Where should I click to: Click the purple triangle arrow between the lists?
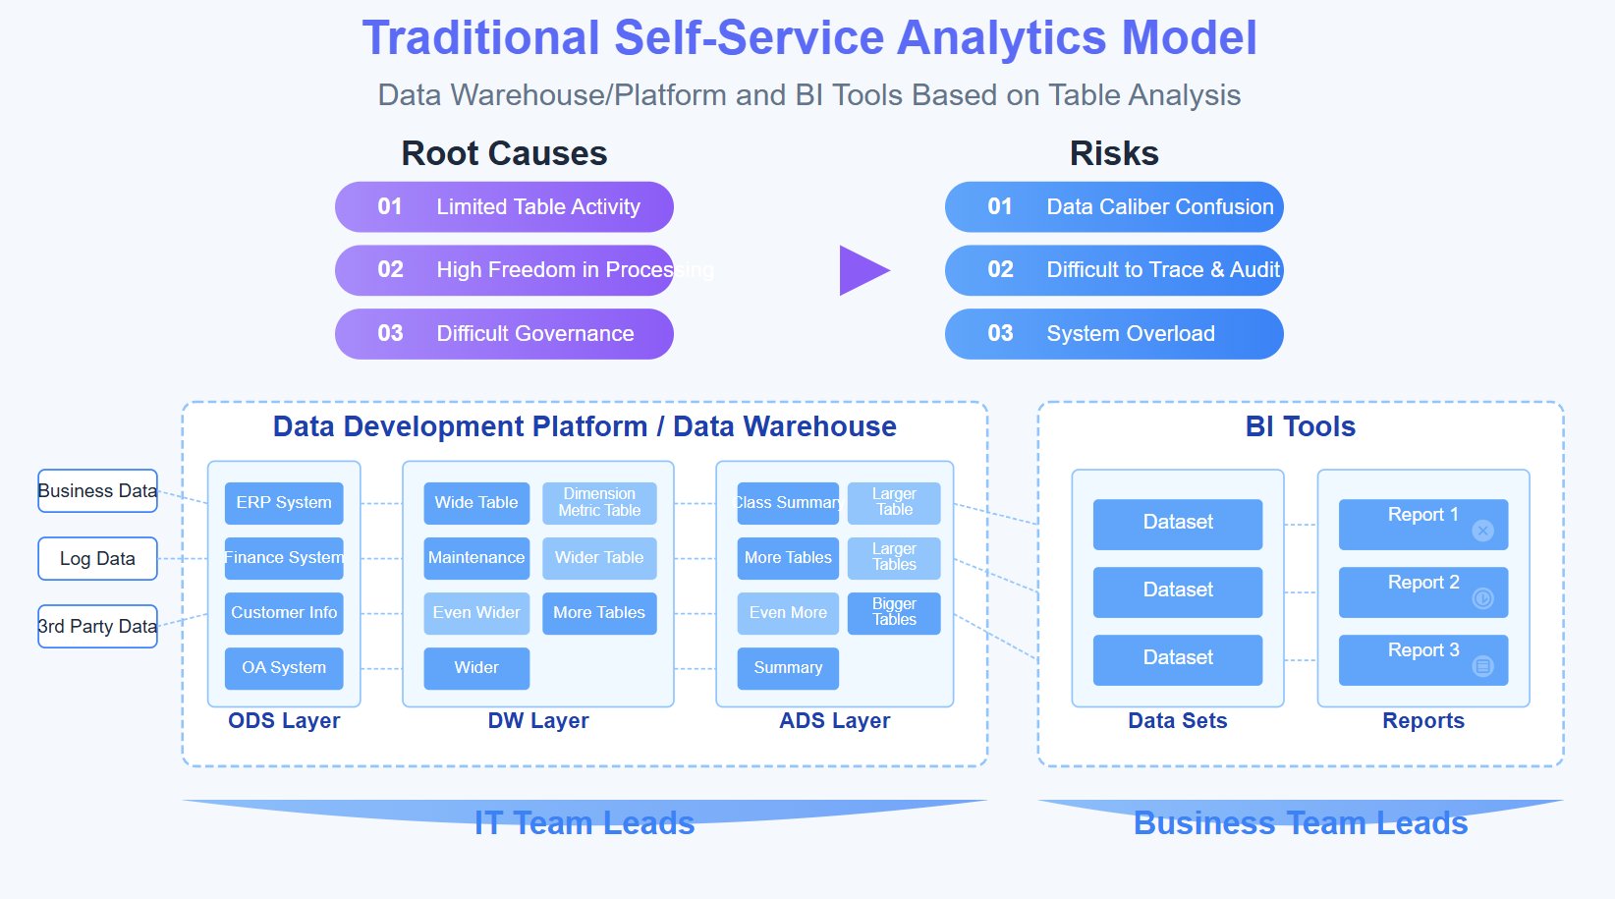coord(862,270)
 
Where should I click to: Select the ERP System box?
coord(284,503)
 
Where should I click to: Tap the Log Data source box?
coord(97,559)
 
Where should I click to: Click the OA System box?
coord(284,668)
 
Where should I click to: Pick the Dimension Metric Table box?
coord(599,503)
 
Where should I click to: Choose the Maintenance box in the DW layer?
coord(476,558)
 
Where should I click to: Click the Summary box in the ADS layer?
coord(788,668)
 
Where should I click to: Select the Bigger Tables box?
coord(894,612)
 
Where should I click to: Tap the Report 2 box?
coord(1422,591)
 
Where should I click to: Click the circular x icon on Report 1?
coord(1483,531)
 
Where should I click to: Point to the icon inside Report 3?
coord(1483,666)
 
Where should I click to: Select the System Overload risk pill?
coord(1114,334)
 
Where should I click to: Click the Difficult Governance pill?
coord(504,334)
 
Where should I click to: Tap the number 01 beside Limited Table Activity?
coord(390,207)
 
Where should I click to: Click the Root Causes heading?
coord(504,153)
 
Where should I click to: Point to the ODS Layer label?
coord(284,721)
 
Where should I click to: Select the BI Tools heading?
coord(1300,426)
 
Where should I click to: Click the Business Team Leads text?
coord(1300,823)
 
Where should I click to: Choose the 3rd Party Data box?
coord(97,627)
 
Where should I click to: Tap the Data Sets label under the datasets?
coord(1177,721)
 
